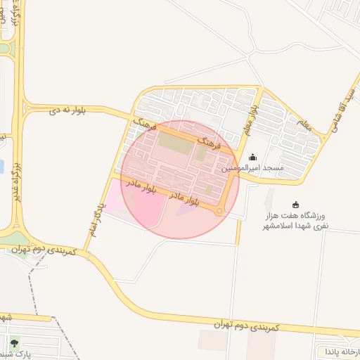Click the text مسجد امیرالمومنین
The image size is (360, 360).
(x=253, y=169)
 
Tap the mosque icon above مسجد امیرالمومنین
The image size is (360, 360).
(x=253, y=157)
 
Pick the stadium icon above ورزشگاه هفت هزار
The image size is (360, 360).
(x=295, y=204)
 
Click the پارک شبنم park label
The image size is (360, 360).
(x=15, y=356)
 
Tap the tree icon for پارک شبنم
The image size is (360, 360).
(x=15, y=344)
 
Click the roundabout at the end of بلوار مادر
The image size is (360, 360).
(x=220, y=211)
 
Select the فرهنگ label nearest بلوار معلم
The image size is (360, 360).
(x=210, y=145)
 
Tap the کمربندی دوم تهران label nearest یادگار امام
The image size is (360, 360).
(x=42, y=252)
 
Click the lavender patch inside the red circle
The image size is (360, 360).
(x=186, y=210)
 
